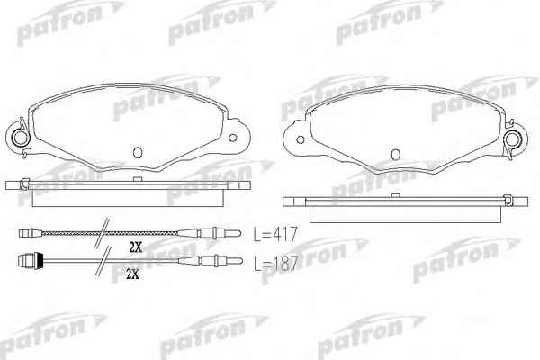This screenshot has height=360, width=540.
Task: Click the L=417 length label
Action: (x=275, y=234)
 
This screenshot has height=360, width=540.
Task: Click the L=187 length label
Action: (x=275, y=264)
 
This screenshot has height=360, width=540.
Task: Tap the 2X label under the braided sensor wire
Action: (x=136, y=247)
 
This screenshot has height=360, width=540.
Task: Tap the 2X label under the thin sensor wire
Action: (x=132, y=274)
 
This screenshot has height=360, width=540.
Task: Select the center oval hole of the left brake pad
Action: (x=138, y=152)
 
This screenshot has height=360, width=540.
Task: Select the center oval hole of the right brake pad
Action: (x=396, y=154)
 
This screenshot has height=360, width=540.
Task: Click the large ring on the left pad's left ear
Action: (x=21, y=138)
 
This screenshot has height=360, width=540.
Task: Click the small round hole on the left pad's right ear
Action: (x=233, y=138)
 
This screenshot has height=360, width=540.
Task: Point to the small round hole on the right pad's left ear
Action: (x=300, y=139)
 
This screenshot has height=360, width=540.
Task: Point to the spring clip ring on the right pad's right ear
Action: (x=512, y=139)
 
